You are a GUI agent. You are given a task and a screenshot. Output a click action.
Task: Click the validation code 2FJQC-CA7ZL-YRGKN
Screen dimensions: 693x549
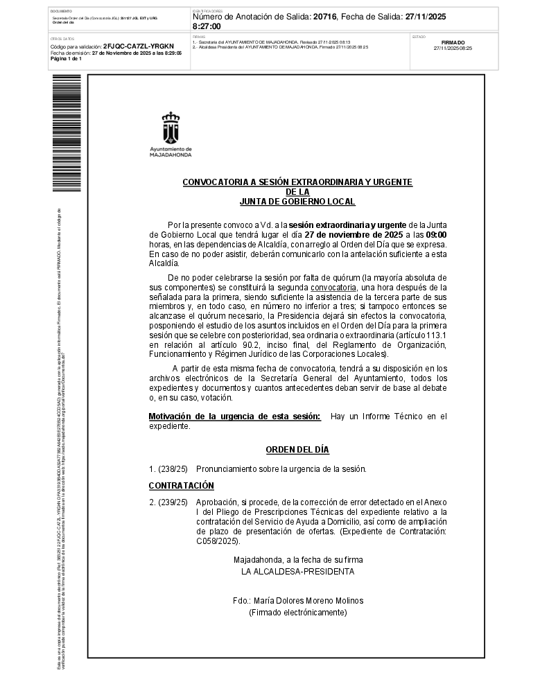[x=139, y=46]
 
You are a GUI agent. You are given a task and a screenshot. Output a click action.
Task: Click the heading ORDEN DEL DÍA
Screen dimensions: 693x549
[x=297, y=450]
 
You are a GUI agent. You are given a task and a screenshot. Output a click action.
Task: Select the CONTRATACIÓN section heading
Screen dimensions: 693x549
[x=182, y=486]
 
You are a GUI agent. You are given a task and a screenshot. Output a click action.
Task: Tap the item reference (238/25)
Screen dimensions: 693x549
[x=173, y=469]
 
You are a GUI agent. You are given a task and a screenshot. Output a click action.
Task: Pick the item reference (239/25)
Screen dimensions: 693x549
[x=173, y=502]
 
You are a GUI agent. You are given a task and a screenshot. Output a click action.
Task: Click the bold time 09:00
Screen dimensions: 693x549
[x=436, y=235]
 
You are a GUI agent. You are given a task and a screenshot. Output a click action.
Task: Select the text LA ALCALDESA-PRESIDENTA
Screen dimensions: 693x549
[x=297, y=572]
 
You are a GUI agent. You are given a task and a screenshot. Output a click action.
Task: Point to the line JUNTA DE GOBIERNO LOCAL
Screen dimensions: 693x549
[x=297, y=202]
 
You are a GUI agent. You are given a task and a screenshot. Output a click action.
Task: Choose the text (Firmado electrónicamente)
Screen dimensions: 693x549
[x=297, y=613]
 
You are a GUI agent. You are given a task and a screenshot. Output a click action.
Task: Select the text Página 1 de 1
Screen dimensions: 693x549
[x=66, y=59]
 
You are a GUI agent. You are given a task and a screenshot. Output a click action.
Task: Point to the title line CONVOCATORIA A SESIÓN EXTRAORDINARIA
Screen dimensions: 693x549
[x=297, y=182]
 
